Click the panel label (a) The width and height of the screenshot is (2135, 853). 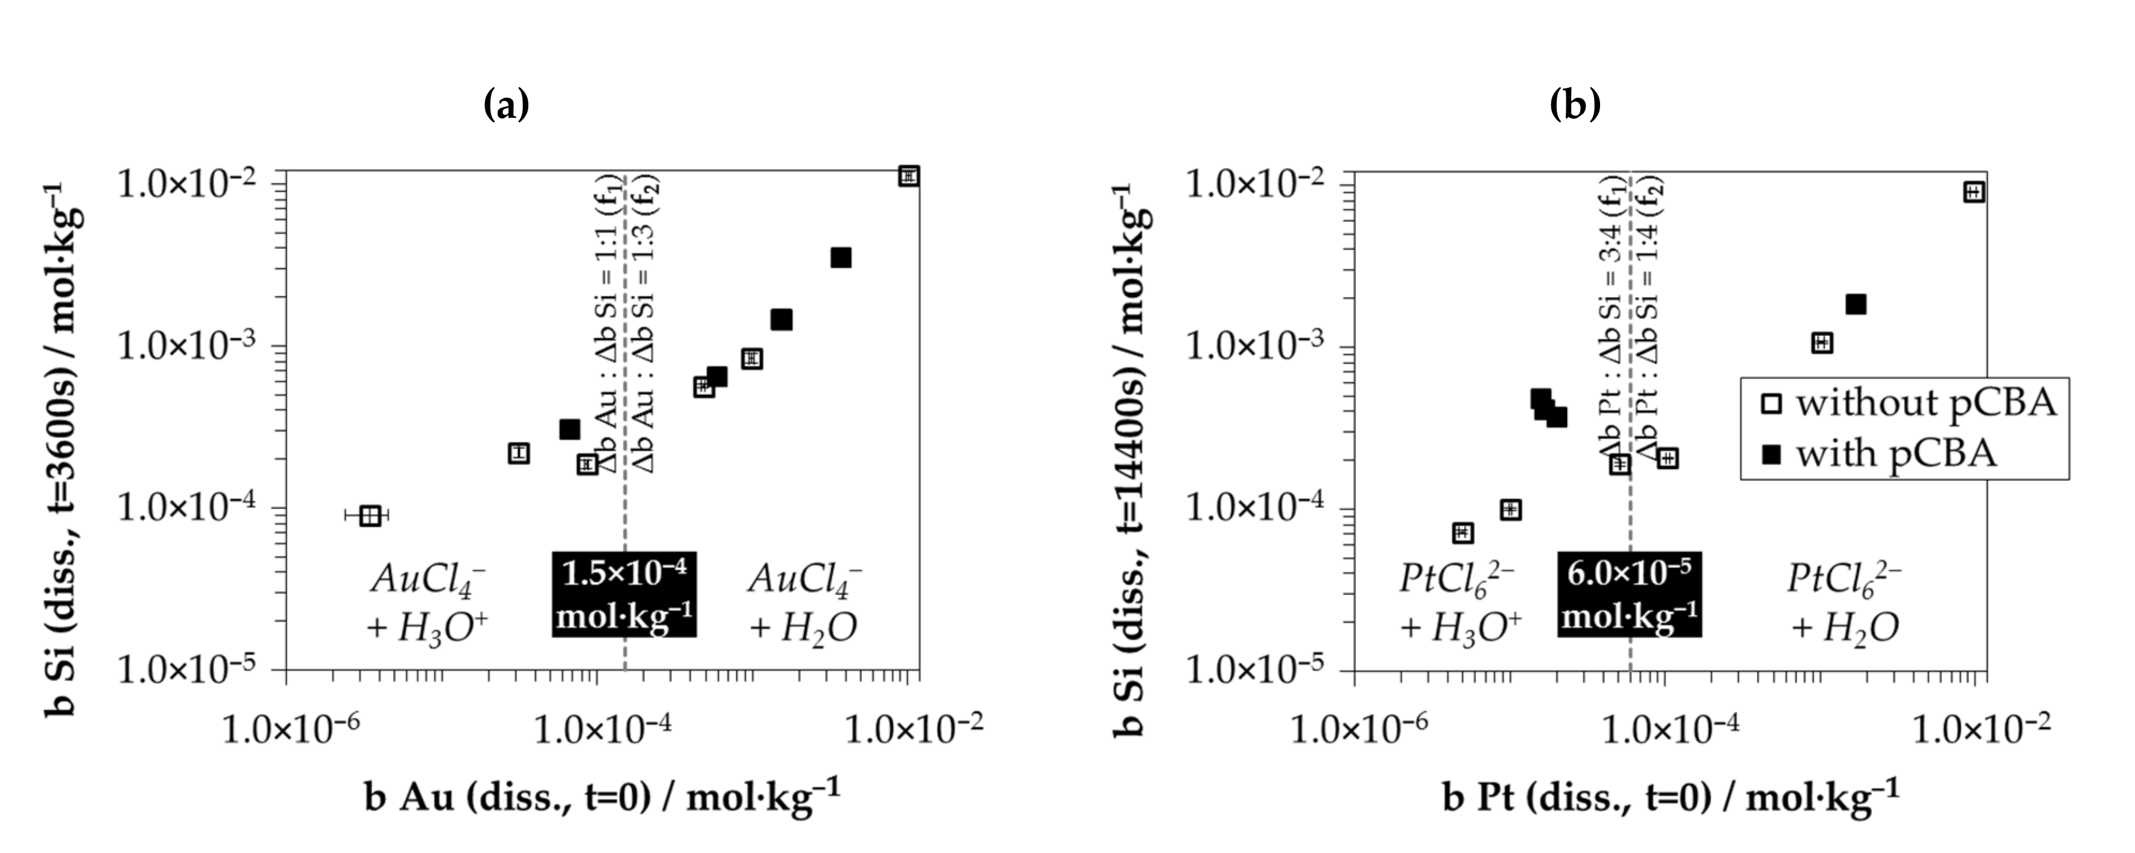tap(505, 105)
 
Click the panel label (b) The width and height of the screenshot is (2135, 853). tap(1575, 105)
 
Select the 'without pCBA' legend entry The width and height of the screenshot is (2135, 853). tap(1906, 404)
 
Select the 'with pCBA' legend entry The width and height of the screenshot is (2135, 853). tap(1881, 453)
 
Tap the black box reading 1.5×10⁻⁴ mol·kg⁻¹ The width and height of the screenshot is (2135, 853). tap(624, 595)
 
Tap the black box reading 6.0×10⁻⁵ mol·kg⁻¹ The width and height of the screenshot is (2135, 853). tap(1629, 595)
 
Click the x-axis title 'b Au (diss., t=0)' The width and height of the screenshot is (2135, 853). tap(602, 798)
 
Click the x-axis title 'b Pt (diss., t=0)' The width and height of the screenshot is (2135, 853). tap(1671, 798)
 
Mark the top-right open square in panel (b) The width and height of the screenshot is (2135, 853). tap(1973, 192)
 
